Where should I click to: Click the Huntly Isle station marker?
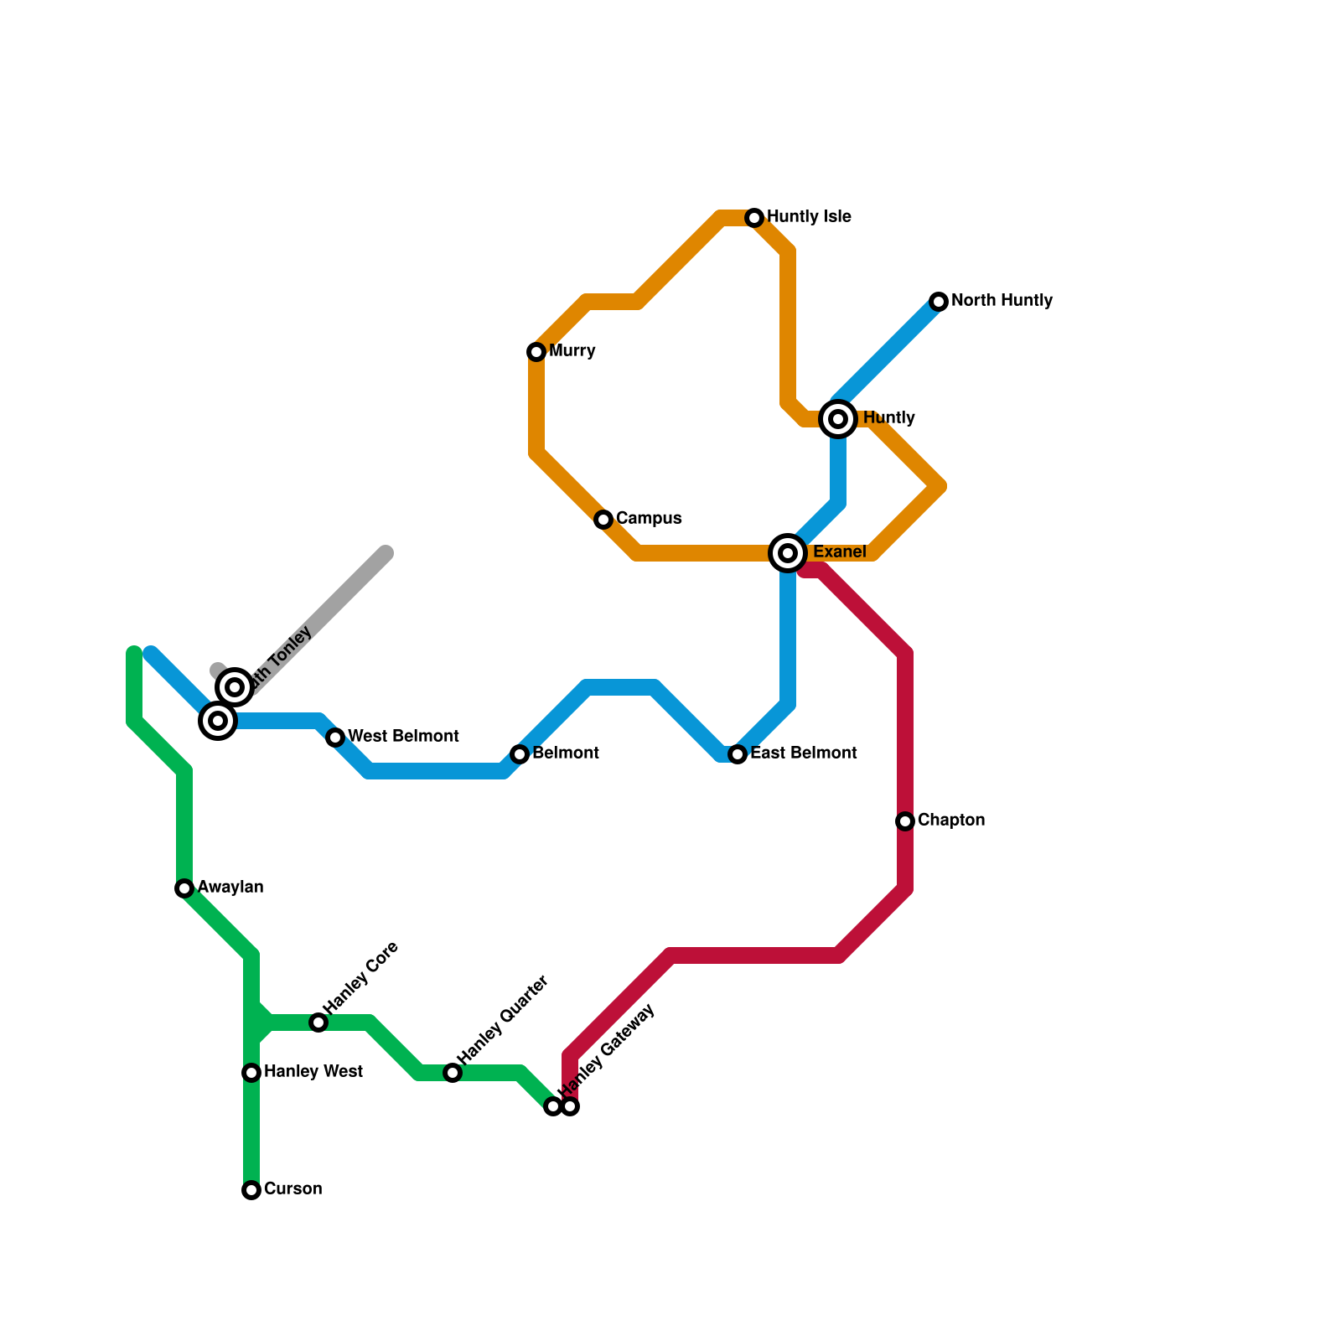[x=754, y=218]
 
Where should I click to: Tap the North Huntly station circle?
[x=939, y=302]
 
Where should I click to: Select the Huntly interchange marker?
[x=838, y=418]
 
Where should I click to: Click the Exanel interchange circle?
[x=788, y=552]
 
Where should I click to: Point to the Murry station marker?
[x=536, y=352]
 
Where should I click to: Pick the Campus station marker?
[x=603, y=520]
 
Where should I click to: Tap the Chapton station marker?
[x=905, y=821]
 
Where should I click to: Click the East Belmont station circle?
[x=738, y=754]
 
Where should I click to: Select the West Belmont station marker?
[x=335, y=738]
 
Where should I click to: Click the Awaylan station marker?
[x=184, y=888]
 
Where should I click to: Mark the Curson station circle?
[x=251, y=1190]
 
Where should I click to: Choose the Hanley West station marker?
[x=251, y=1073]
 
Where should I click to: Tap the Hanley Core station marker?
[x=318, y=1023]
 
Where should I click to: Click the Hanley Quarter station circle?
[x=453, y=1073]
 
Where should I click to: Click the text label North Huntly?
[x=1002, y=301]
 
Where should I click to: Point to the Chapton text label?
[x=950, y=821]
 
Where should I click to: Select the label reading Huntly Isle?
[x=809, y=217]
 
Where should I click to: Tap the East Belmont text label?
[x=803, y=753]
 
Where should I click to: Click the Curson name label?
[x=293, y=1189]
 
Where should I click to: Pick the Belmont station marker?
[x=520, y=754]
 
